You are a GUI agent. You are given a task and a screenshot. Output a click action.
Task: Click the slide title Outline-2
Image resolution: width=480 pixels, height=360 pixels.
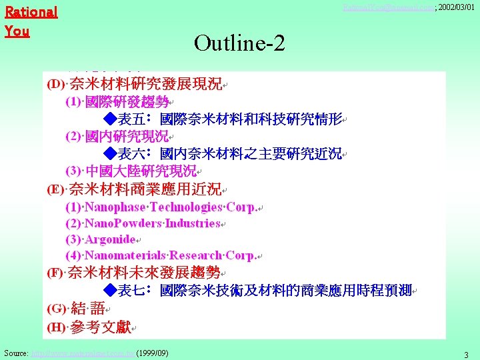click(239, 43)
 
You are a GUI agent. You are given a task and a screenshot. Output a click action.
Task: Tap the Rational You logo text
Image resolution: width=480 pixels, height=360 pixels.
click(31, 21)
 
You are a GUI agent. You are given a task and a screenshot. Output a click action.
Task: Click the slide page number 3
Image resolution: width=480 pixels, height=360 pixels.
click(466, 354)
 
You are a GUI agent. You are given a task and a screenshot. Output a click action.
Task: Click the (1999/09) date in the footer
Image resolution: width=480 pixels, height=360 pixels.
click(151, 352)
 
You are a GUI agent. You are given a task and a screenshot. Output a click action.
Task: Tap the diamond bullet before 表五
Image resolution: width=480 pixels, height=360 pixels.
click(111, 120)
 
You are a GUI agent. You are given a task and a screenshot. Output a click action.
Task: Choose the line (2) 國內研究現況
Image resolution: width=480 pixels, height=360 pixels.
click(117, 137)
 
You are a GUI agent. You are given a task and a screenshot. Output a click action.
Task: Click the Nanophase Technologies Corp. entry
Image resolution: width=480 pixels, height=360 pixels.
click(161, 207)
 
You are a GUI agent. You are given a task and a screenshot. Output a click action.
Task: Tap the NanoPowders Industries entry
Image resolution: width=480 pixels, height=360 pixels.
click(143, 223)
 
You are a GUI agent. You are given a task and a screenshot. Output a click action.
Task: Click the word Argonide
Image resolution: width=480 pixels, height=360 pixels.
click(110, 239)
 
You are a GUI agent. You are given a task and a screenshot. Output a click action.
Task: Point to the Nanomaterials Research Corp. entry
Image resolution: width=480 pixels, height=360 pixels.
click(161, 256)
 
